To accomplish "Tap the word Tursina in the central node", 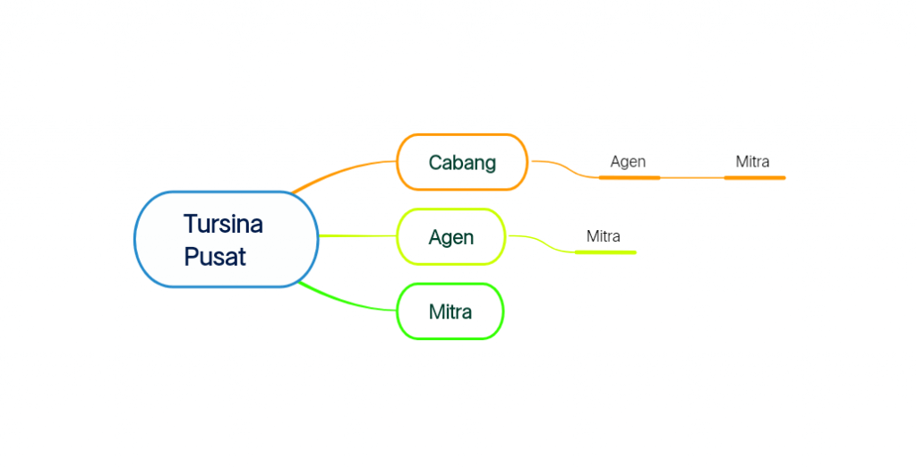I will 223,224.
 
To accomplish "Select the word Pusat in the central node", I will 215,257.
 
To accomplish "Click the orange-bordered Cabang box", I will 462,162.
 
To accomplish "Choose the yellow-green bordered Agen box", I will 451,237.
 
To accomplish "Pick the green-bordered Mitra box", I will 450,311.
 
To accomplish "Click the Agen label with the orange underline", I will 628,162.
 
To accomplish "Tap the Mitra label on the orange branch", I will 752,162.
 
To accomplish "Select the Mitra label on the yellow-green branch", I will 603,236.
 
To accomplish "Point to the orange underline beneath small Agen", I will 629,178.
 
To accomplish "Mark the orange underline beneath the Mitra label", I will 754,178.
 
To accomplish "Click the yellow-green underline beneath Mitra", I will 605,252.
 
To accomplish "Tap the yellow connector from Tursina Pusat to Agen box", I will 357,236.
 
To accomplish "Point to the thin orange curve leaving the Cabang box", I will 564,166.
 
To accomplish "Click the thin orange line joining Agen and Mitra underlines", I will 692,178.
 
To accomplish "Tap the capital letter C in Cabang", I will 435,163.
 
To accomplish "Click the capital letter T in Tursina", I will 190,224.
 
